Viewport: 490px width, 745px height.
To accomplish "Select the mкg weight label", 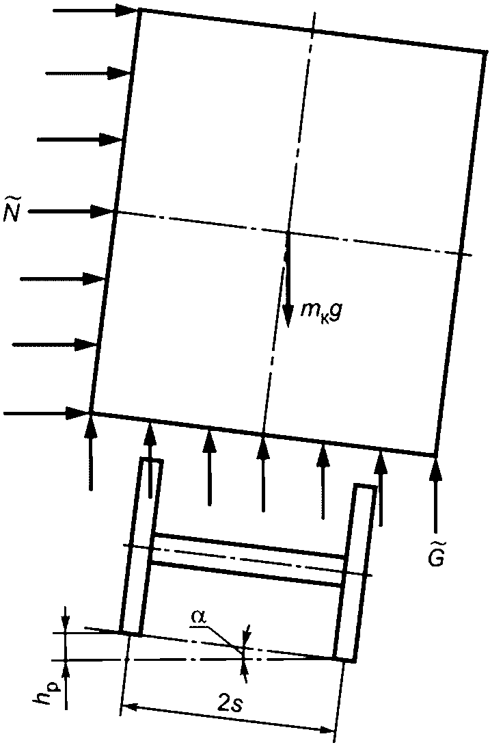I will [x=320, y=312].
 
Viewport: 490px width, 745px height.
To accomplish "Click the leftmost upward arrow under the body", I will [x=90, y=452].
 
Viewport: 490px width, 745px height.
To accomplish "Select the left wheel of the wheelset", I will [x=141, y=547].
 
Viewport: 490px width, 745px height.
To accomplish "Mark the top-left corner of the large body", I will [x=140, y=10].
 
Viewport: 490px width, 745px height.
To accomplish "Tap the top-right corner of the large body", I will [x=485, y=51].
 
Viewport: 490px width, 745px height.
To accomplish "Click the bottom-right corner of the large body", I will [x=435, y=455].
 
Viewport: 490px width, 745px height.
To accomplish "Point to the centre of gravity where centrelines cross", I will [x=288, y=233].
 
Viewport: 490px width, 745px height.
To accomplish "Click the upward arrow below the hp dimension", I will [x=66, y=684].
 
